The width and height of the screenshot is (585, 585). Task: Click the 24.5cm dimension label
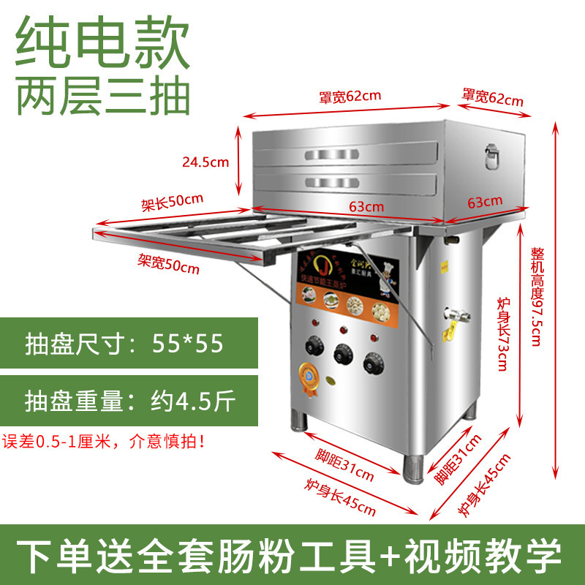click(x=207, y=162)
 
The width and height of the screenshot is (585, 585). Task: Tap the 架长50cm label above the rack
click(x=172, y=201)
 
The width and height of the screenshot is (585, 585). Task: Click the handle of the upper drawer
click(x=344, y=154)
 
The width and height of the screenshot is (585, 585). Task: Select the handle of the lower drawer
click(x=344, y=181)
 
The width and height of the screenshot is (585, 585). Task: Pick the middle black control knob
click(x=342, y=355)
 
